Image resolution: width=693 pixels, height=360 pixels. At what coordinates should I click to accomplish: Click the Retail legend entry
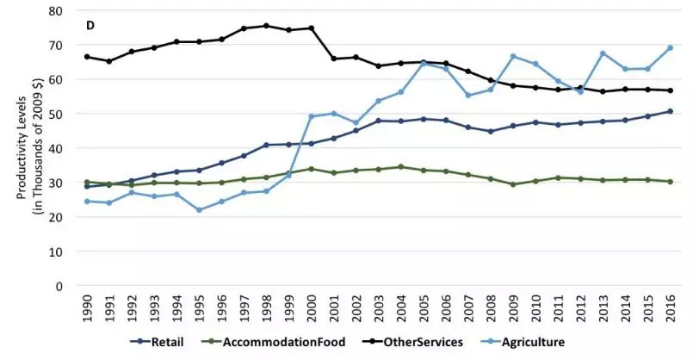click(x=157, y=342)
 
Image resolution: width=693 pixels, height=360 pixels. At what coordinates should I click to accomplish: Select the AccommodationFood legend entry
click(x=273, y=342)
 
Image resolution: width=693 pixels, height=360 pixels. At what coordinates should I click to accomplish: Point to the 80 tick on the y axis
click(x=56, y=10)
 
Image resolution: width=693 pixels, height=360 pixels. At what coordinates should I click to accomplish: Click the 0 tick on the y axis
click(x=59, y=286)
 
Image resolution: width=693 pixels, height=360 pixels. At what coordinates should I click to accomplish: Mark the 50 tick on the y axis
click(x=56, y=114)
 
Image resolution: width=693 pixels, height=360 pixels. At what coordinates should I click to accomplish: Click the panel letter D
click(x=90, y=26)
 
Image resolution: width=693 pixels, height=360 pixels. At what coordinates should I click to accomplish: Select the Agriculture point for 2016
click(x=670, y=47)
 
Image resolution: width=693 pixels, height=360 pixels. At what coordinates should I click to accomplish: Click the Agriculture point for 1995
click(x=199, y=210)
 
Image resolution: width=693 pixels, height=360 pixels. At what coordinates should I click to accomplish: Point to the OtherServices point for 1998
click(x=266, y=26)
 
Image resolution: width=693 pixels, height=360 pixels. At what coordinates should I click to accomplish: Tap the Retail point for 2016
click(x=670, y=111)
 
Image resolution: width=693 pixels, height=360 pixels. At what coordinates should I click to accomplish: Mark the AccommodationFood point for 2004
click(x=401, y=167)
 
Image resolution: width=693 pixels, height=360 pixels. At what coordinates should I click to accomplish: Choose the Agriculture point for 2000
click(x=311, y=116)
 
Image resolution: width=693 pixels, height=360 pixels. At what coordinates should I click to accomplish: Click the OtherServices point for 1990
click(x=87, y=57)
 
